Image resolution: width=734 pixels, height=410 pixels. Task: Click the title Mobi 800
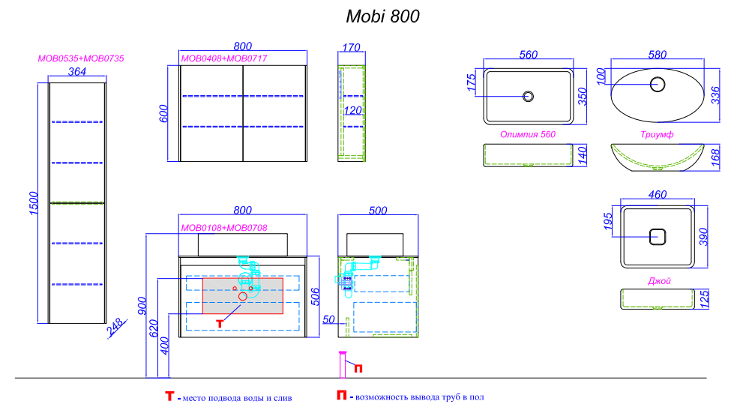[x=382, y=16]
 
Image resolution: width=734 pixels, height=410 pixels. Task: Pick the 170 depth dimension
[x=350, y=48]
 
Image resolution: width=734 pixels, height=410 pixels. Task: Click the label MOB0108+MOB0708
[x=224, y=228]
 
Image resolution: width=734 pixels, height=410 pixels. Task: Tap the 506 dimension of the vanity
[x=316, y=298]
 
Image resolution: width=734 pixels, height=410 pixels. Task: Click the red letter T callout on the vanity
[x=220, y=324]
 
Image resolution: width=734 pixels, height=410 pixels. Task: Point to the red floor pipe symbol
[x=343, y=367]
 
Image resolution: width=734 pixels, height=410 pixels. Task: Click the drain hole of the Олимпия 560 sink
[x=528, y=96]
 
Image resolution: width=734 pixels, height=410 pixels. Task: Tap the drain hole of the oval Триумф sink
[x=658, y=84]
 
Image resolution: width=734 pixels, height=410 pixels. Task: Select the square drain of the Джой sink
[x=657, y=237]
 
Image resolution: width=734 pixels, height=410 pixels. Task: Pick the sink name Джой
[x=659, y=281]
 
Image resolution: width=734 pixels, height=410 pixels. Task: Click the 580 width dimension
[x=658, y=54]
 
